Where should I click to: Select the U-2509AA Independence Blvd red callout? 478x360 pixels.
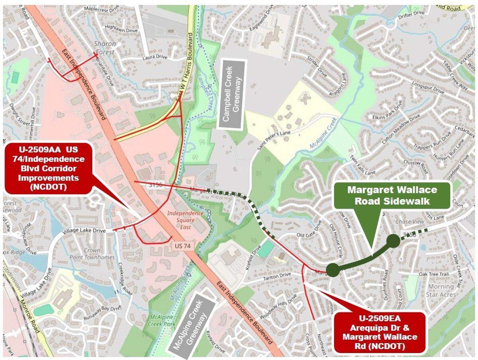click(48, 168)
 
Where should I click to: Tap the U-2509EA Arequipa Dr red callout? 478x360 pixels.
click(380, 333)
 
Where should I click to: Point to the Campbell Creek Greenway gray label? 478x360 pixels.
click(232, 94)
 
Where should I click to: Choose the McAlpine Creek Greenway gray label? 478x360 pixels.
click(192, 326)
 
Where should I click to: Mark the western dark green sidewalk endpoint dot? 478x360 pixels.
click(333, 270)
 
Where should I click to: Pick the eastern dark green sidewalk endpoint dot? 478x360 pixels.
click(393, 241)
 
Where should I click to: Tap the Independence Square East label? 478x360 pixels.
click(185, 217)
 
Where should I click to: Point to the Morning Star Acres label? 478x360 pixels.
click(441, 290)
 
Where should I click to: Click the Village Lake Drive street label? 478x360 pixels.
click(85, 231)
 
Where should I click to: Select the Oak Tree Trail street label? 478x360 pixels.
click(434, 274)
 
